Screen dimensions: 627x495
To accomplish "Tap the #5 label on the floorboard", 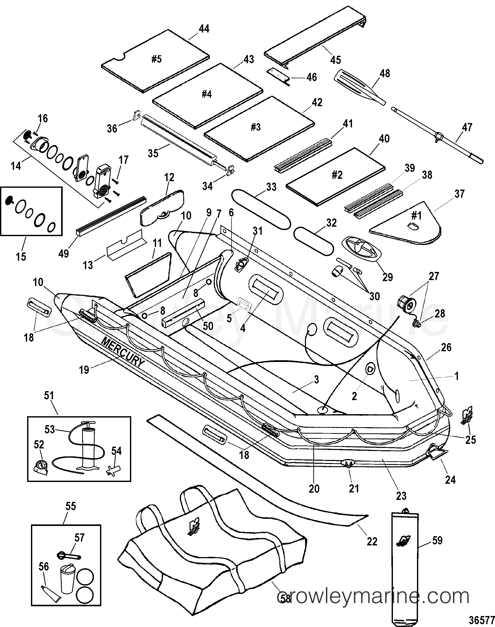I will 156,59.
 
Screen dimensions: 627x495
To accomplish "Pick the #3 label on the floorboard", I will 256,127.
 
